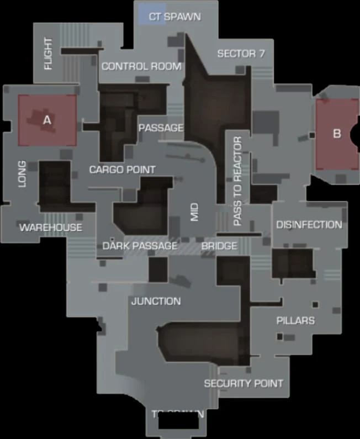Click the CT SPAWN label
tap(174, 17)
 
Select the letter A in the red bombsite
tap(47, 119)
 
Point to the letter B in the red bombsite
tap(337, 133)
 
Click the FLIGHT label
tap(48, 54)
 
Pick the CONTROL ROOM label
tap(141, 66)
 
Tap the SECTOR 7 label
tap(241, 54)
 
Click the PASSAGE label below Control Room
tap(161, 128)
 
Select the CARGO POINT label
tap(123, 170)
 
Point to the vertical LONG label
tap(22, 174)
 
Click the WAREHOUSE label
tap(51, 227)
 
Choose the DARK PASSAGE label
tap(140, 246)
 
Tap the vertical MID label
tap(194, 212)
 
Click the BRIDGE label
tap(219, 246)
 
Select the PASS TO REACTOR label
tap(238, 181)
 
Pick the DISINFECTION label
tap(309, 225)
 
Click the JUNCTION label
tap(156, 301)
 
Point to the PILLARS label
tap(295, 320)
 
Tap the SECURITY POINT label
tap(243, 383)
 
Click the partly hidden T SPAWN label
tap(178, 413)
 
